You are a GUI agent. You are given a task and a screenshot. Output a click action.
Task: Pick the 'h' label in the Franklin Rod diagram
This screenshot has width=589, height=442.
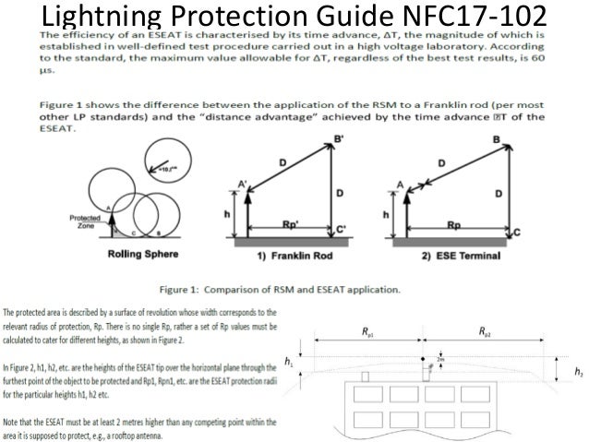tap(227, 214)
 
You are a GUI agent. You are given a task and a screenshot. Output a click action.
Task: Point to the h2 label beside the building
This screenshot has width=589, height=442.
tap(578, 372)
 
